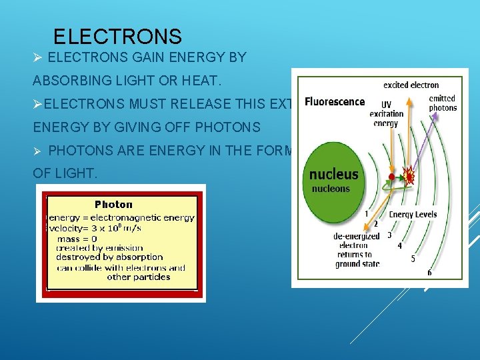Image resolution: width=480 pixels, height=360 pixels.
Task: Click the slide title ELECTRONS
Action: [x=117, y=36]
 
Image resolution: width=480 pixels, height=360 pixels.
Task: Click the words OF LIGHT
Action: [x=65, y=173]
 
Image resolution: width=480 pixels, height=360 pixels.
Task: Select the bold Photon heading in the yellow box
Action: [x=114, y=205]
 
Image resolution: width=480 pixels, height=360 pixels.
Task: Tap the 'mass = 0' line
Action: [x=77, y=239]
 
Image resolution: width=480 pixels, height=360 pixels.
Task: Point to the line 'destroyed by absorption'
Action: [x=109, y=257]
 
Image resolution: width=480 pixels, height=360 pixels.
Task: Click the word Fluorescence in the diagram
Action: [x=335, y=102]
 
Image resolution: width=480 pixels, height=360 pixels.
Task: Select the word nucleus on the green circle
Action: [x=333, y=175]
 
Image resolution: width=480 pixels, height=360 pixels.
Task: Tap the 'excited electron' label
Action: [x=411, y=85]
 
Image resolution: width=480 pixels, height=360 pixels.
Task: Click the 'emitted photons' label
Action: [x=443, y=103]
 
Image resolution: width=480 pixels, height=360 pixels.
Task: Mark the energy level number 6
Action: [x=429, y=273]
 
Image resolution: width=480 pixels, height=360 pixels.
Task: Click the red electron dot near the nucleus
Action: [x=391, y=177]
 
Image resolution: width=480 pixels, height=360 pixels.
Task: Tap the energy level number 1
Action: [x=366, y=213]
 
